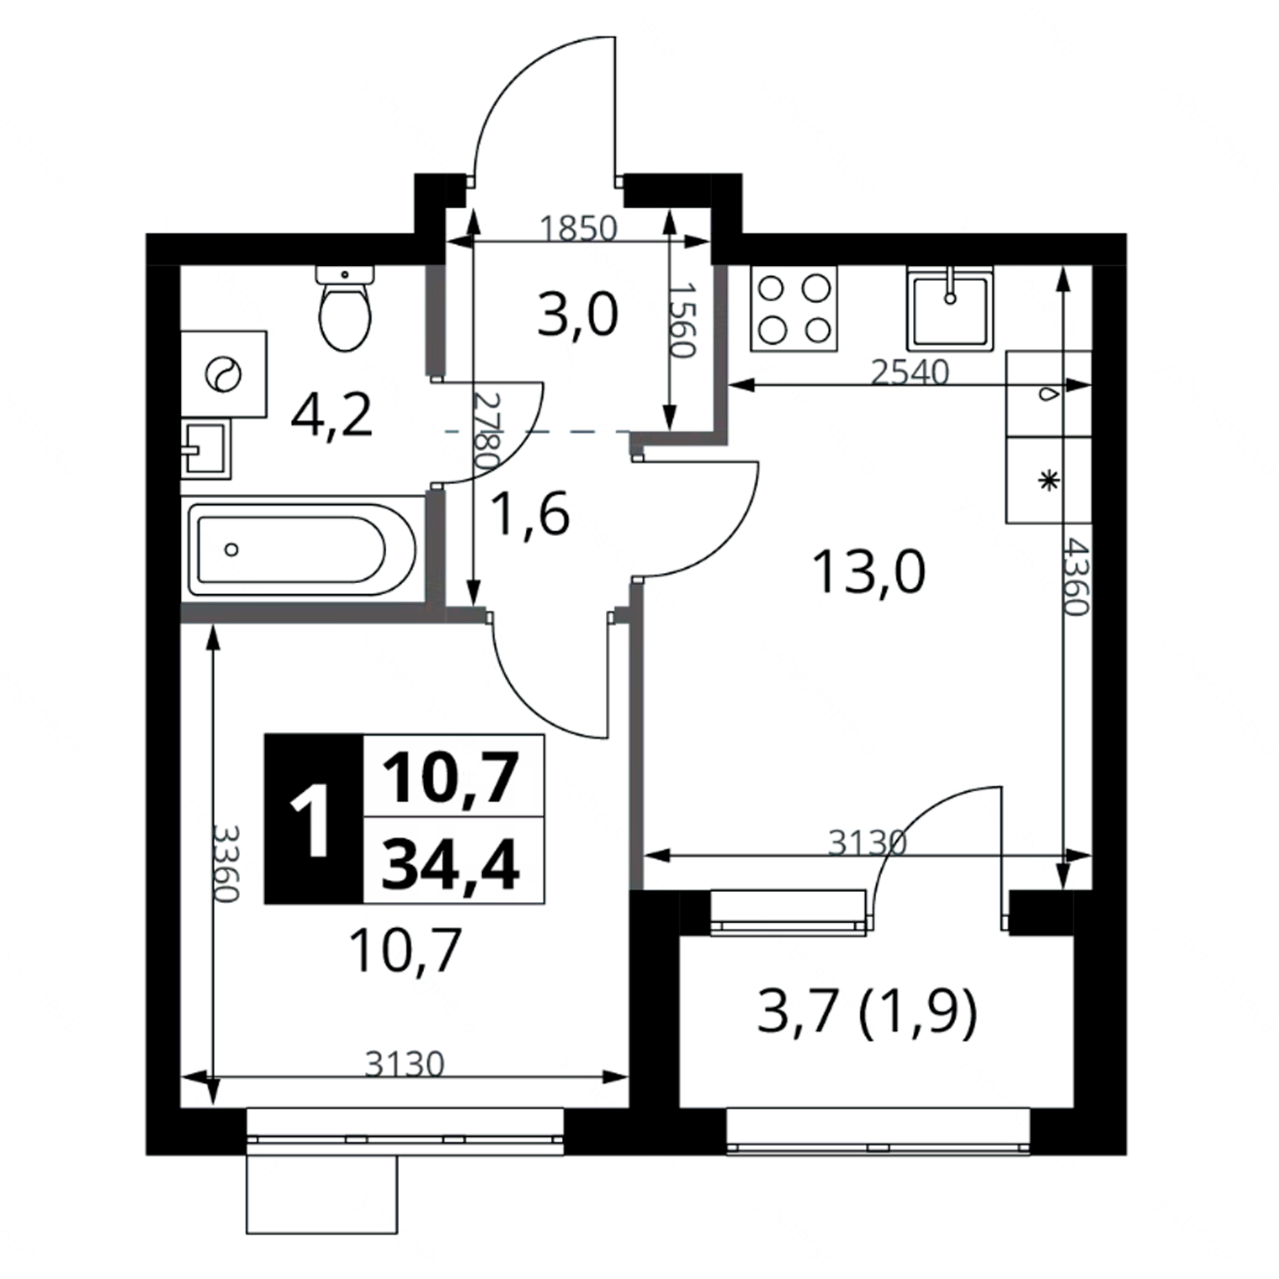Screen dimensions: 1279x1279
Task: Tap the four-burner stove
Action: pos(794,308)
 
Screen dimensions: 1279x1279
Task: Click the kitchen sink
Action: pos(950,308)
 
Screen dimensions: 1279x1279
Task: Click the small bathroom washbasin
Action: pos(204,449)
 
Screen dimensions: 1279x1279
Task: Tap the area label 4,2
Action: pos(331,417)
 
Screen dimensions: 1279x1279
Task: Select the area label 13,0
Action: pos(868,572)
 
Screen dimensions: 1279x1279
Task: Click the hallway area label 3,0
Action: pos(578,316)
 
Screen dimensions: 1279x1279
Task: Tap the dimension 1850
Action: pos(578,228)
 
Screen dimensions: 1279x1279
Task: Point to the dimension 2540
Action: pos(910,371)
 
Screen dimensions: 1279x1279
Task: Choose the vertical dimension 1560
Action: pos(682,319)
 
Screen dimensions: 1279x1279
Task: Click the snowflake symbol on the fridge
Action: pos(1048,481)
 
